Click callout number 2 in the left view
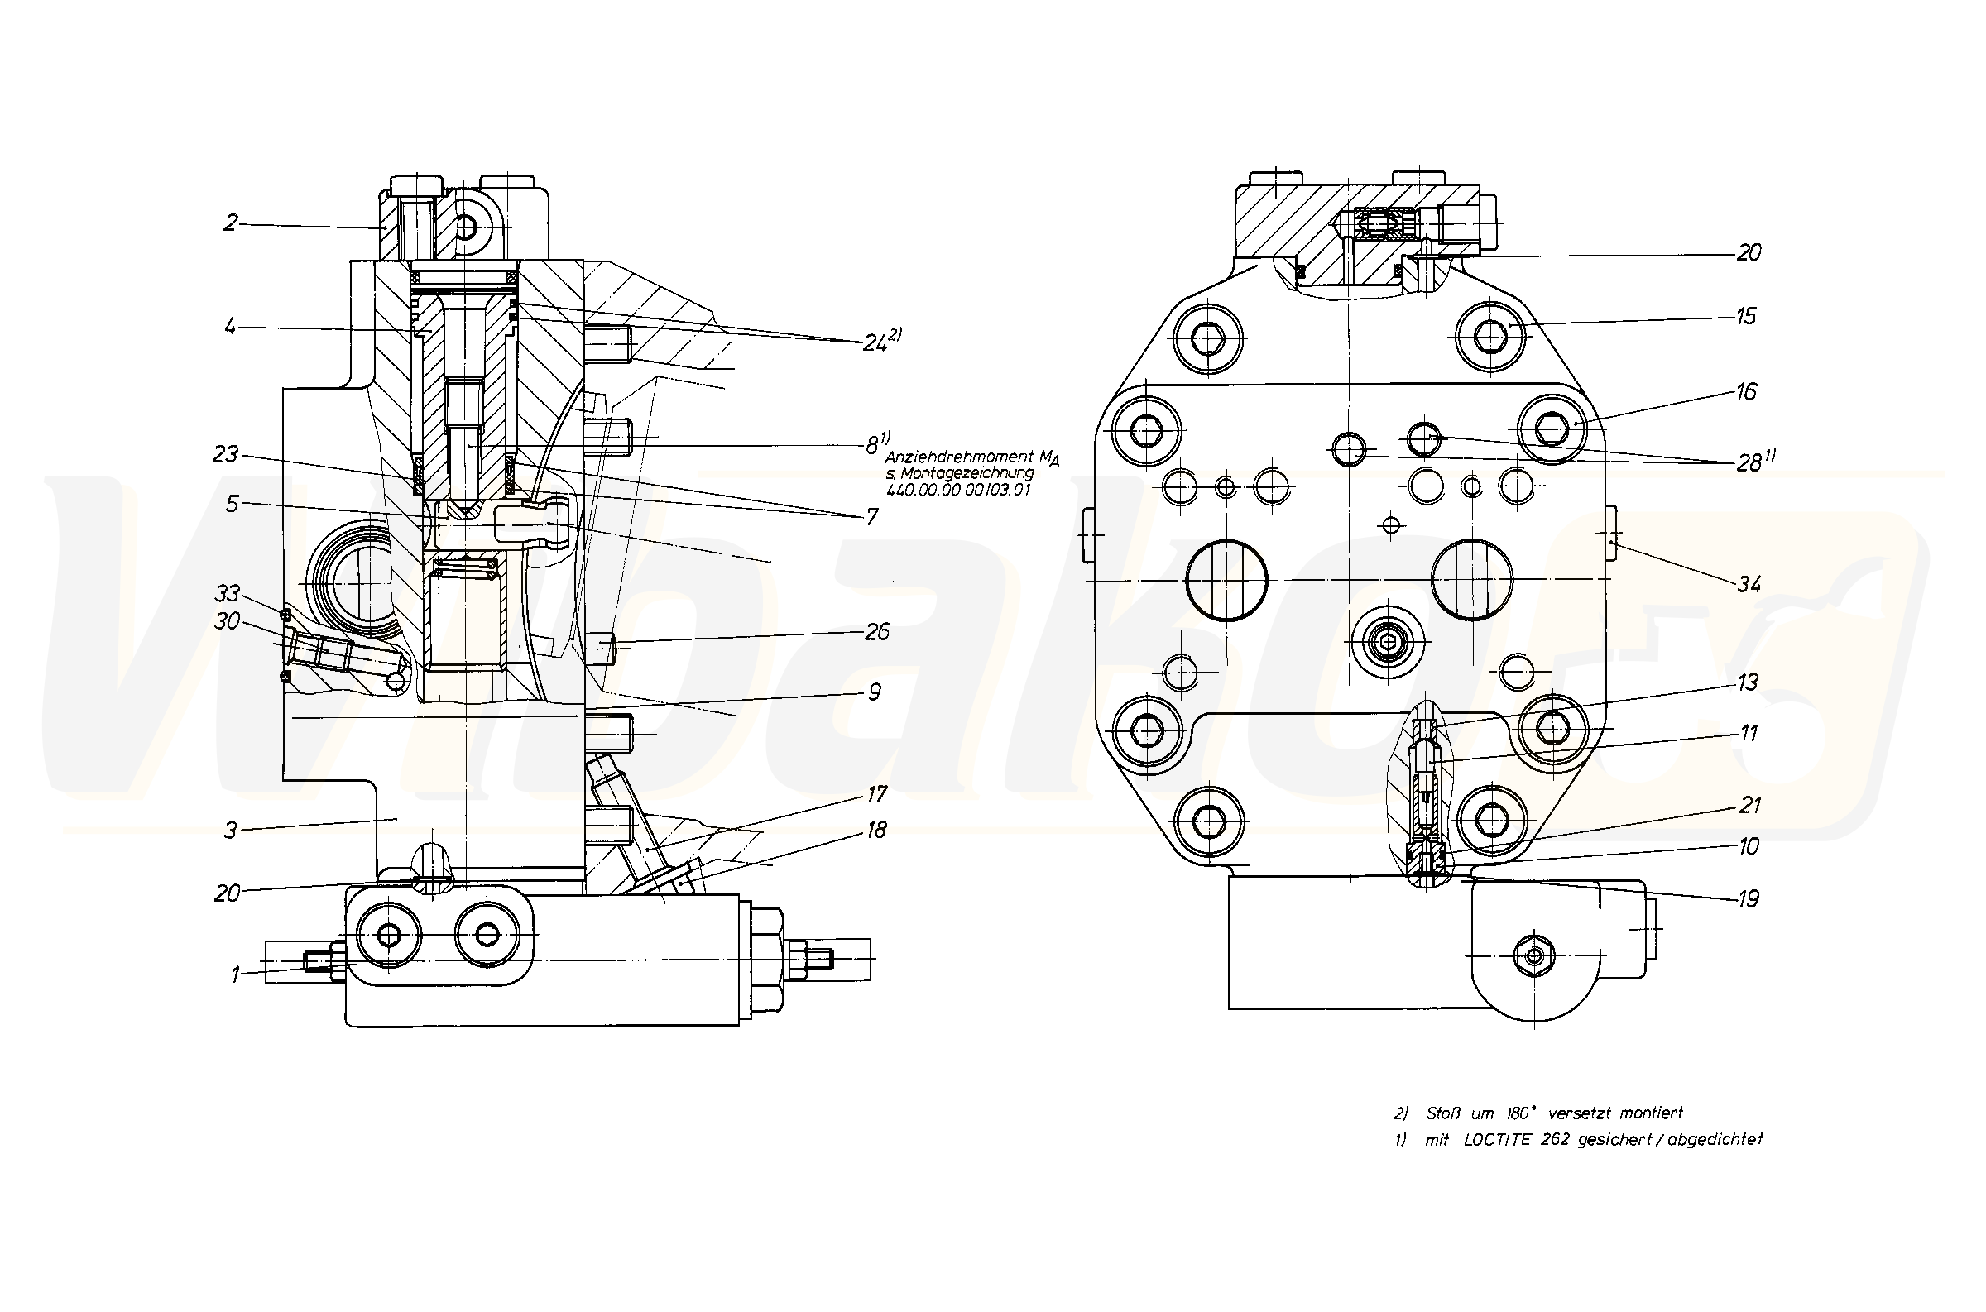coord(230,223)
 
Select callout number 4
coord(230,326)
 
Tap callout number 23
coord(225,454)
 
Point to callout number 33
coord(228,593)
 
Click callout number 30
coord(228,621)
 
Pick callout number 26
coord(876,632)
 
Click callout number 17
coord(876,793)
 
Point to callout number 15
coord(1745,316)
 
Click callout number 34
coord(1749,584)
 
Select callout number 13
coord(1748,682)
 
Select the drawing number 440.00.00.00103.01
coord(958,491)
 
